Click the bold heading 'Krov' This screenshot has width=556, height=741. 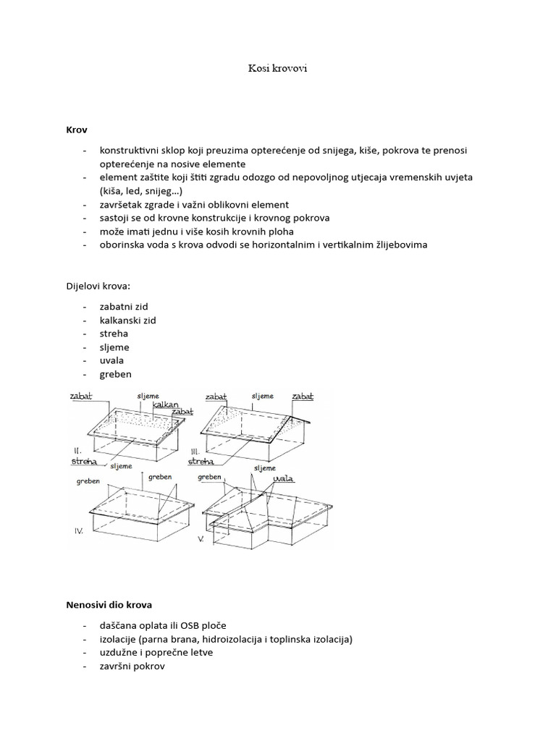pyautogui.click(x=76, y=130)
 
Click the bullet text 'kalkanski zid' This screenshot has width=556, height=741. pyautogui.click(x=129, y=320)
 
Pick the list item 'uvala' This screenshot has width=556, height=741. pyautogui.click(x=114, y=360)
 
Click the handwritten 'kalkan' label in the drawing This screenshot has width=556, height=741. pyautogui.click(x=166, y=405)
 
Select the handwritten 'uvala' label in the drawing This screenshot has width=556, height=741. pyautogui.click(x=284, y=478)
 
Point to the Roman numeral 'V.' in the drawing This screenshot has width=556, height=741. pyautogui.click(x=202, y=539)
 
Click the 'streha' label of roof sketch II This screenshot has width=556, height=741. pyautogui.click(x=85, y=460)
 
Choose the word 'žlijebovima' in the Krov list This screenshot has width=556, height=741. pyautogui.click(x=399, y=245)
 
